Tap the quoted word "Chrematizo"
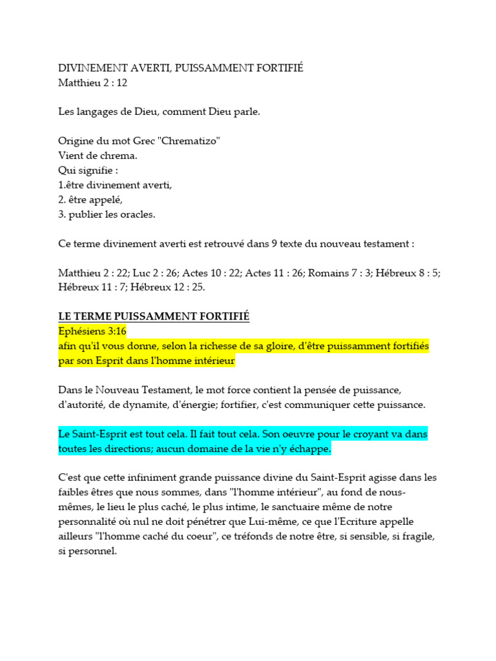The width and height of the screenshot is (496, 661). [x=183, y=141]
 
